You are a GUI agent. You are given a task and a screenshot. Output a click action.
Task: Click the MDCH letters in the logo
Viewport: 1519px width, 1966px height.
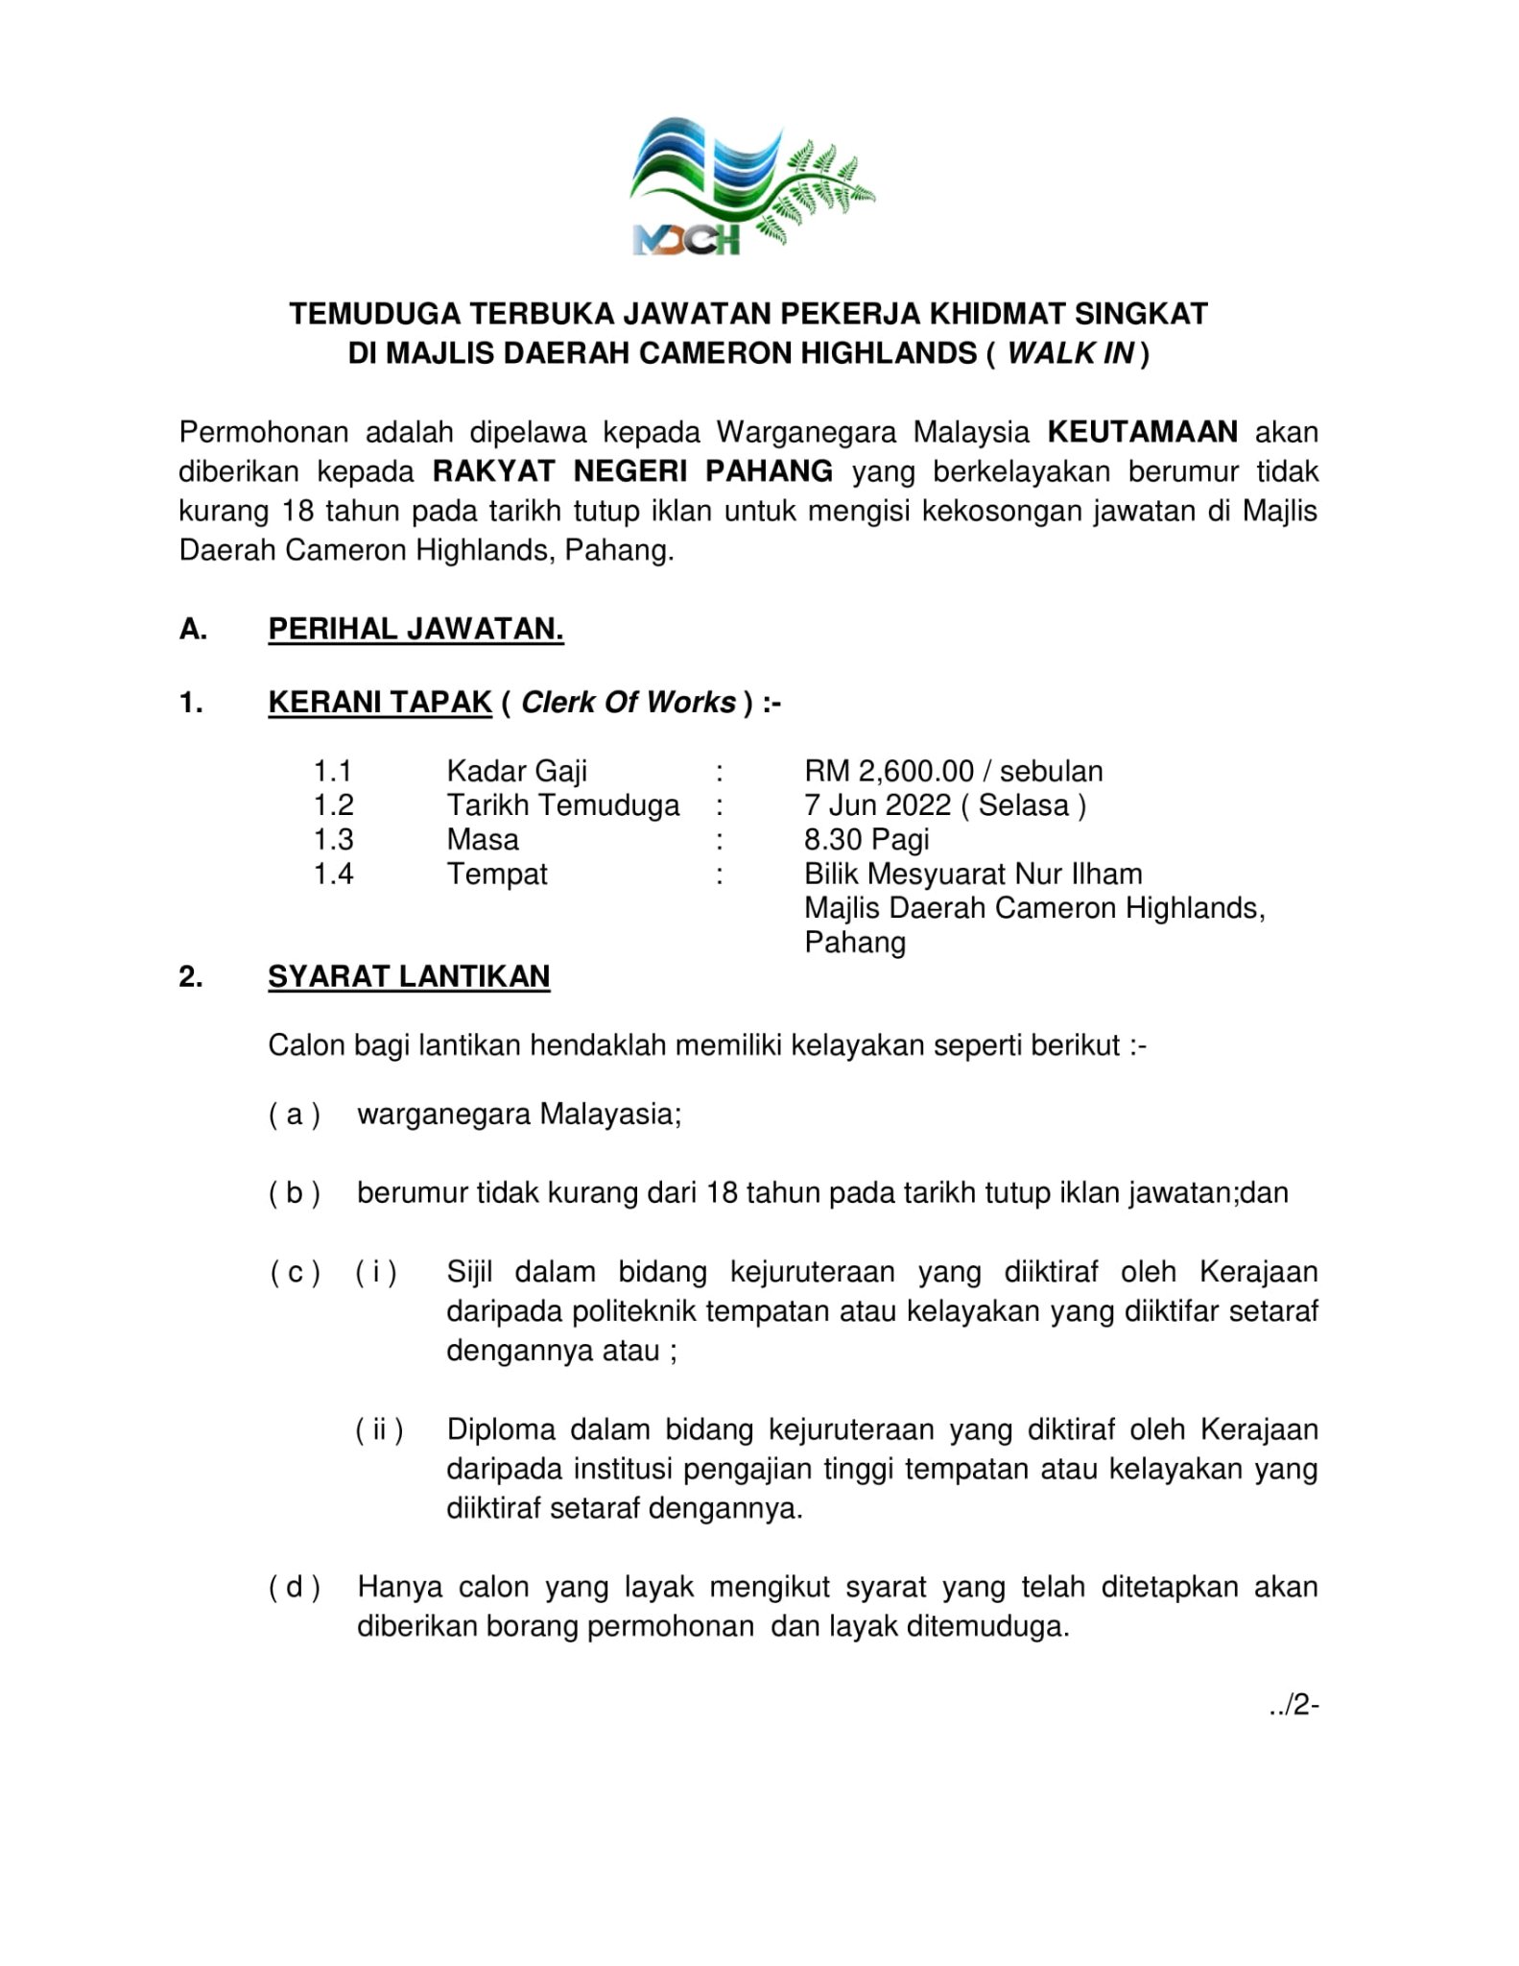[x=687, y=237]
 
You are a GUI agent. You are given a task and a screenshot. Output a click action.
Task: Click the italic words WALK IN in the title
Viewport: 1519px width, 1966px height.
[x=1070, y=354]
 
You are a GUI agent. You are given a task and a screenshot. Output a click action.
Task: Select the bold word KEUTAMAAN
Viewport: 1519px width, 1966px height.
[x=1142, y=432]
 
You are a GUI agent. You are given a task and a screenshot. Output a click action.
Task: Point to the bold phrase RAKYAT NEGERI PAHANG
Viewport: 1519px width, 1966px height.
[x=633, y=471]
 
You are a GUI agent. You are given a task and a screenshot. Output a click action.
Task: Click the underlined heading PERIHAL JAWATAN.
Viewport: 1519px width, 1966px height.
[x=415, y=629]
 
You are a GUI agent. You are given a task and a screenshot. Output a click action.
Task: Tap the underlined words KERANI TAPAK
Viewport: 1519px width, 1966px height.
[x=380, y=703]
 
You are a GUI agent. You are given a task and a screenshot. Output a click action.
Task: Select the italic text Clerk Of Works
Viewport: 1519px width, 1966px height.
[x=629, y=703]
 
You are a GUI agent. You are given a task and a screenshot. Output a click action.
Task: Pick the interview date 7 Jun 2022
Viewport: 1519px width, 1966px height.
[x=877, y=804]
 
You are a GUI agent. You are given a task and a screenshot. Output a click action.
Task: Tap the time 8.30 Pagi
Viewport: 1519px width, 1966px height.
[x=866, y=839]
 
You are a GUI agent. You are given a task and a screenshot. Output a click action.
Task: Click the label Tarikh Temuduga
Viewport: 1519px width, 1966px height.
[x=563, y=804]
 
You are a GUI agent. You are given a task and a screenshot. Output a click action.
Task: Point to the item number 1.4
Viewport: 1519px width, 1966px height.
[x=333, y=874]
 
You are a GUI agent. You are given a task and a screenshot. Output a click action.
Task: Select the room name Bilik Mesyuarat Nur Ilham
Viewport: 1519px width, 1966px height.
[x=973, y=874]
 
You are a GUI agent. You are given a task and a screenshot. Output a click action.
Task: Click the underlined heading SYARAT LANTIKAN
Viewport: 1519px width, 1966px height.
[x=409, y=976]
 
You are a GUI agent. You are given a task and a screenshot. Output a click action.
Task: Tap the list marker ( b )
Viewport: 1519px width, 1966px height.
[x=294, y=1193]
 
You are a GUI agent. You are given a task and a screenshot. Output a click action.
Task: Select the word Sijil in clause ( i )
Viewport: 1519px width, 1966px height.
[x=469, y=1272]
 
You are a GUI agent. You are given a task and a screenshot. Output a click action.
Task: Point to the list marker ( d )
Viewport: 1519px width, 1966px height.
[x=294, y=1587]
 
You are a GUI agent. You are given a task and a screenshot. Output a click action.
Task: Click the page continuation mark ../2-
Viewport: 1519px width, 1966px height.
[x=1293, y=1705]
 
